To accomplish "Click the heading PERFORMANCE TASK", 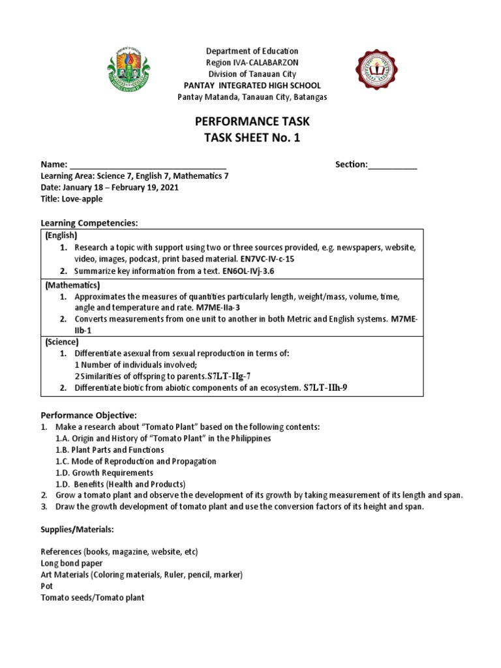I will pyautogui.click(x=252, y=121).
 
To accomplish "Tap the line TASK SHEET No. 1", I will pyautogui.click(x=252, y=138).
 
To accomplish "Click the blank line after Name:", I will pyautogui.click(x=147, y=165).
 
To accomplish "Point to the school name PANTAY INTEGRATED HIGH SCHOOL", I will pyautogui.click(x=252, y=86).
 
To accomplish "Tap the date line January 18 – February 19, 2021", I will pyautogui.click(x=110, y=187).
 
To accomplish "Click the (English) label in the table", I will pyautogui.click(x=61, y=235).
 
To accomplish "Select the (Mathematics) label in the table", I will pyautogui.click(x=72, y=286).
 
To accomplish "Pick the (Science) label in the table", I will pyautogui.click(x=62, y=342).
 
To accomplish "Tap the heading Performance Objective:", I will pyautogui.click(x=89, y=415).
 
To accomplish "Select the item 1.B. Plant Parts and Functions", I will pyautogui.click(x=110, y=449).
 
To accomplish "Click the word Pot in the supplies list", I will pyautogui.click(x=46, y=586).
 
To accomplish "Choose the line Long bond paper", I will pyautogui.click(x=71, y=562).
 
